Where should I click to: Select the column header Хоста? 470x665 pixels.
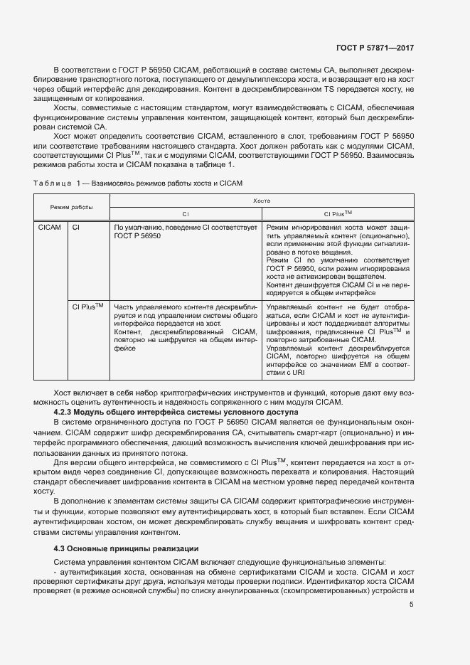tap(262, 202)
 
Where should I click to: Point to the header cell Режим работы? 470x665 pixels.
tap(71, 207)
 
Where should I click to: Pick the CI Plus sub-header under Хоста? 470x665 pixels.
tap(338, 213)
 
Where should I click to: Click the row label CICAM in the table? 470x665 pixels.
tap(49, 227)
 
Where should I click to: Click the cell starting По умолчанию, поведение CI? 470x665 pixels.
tap(184, 230)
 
